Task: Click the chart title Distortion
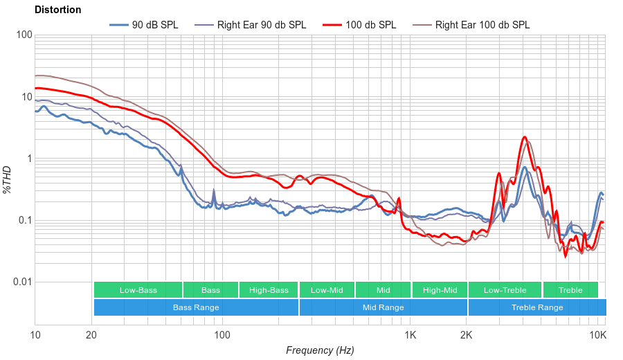click(57, 10)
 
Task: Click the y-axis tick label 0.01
click(21, 282)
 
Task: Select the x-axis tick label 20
click(91, 336)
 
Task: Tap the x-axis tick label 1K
click(410, 336)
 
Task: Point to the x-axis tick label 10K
click(597, 336)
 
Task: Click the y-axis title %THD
click(8, 179)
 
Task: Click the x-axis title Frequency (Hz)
click(320, 350)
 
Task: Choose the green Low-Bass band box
click(138, 290)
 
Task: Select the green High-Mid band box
click(440, 290)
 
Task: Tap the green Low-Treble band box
click(505, 290)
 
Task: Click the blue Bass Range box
click(196, 307)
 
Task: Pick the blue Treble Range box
click(537, 307)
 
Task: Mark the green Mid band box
click(383, 290)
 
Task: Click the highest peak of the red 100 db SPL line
click(525, 137)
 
